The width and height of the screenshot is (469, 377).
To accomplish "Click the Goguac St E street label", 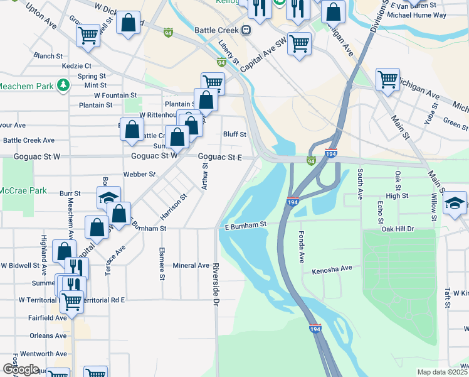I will (x=219, y=158).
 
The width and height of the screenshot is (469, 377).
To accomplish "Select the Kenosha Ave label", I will (x=332, y=268).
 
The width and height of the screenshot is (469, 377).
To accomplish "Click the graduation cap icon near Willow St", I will (x=455, y=204).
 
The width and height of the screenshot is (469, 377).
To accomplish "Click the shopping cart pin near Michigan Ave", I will (x=387, y=80).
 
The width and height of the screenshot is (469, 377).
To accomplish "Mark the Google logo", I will (x=20, y=369).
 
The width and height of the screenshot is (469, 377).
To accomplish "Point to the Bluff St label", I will (x=234, y=134).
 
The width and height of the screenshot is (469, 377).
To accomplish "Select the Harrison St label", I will (x=174, y=206).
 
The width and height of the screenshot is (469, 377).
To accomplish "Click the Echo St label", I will (x=380, y=212).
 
